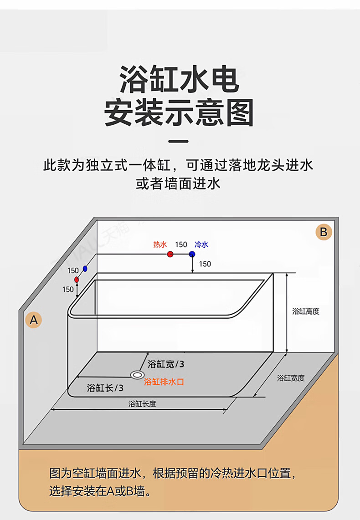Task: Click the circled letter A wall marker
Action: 34,320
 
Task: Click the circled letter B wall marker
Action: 323,232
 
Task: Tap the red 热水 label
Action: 160,245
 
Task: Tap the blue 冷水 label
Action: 201,245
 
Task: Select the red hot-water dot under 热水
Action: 170,254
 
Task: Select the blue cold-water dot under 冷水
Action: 192,254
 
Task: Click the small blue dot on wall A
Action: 85,269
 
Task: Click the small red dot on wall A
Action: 77,279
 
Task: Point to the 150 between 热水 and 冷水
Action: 181,245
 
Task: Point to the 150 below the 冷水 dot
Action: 205,264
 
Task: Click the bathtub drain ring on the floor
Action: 136,375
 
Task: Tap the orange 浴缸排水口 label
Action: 164,382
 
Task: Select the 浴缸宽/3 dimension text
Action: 166,364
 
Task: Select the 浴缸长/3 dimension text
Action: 105,388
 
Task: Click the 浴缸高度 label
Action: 306,311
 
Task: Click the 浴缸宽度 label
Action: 291,377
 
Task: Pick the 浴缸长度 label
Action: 142,403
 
